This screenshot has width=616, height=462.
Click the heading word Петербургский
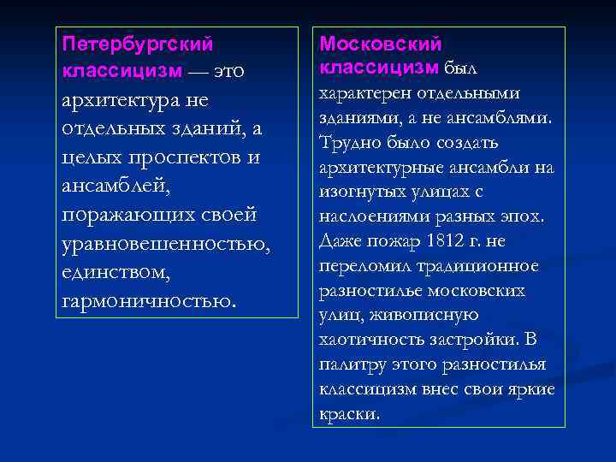[x=138, y=42]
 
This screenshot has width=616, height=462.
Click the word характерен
[x=363, y=92]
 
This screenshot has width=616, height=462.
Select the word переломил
[x=360, y=265]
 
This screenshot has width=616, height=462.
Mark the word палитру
[x=351, y=364]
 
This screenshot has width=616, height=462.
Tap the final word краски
[x=347, y=414]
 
